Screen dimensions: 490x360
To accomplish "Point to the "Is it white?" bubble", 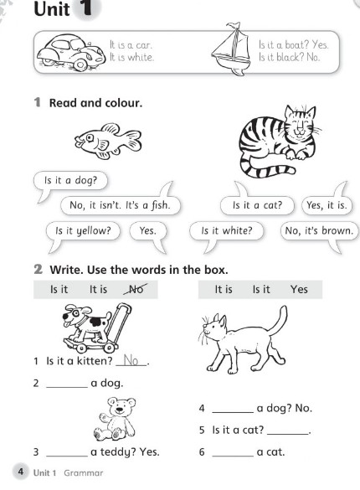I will click(x=227, y=230).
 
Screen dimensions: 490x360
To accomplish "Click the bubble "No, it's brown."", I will click(x=318, y=230).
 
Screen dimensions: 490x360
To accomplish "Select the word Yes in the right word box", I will click(x=299, y=289).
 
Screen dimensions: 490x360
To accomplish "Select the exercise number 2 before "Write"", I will click(x=39, y=269).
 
